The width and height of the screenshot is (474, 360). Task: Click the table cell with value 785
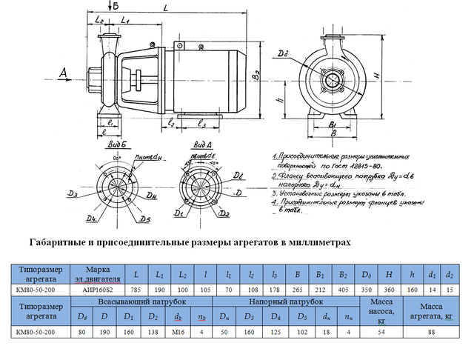coord(136,290)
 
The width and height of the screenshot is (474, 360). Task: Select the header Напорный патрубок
coord(288,302)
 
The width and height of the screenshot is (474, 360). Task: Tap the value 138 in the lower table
coord(153,332)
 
